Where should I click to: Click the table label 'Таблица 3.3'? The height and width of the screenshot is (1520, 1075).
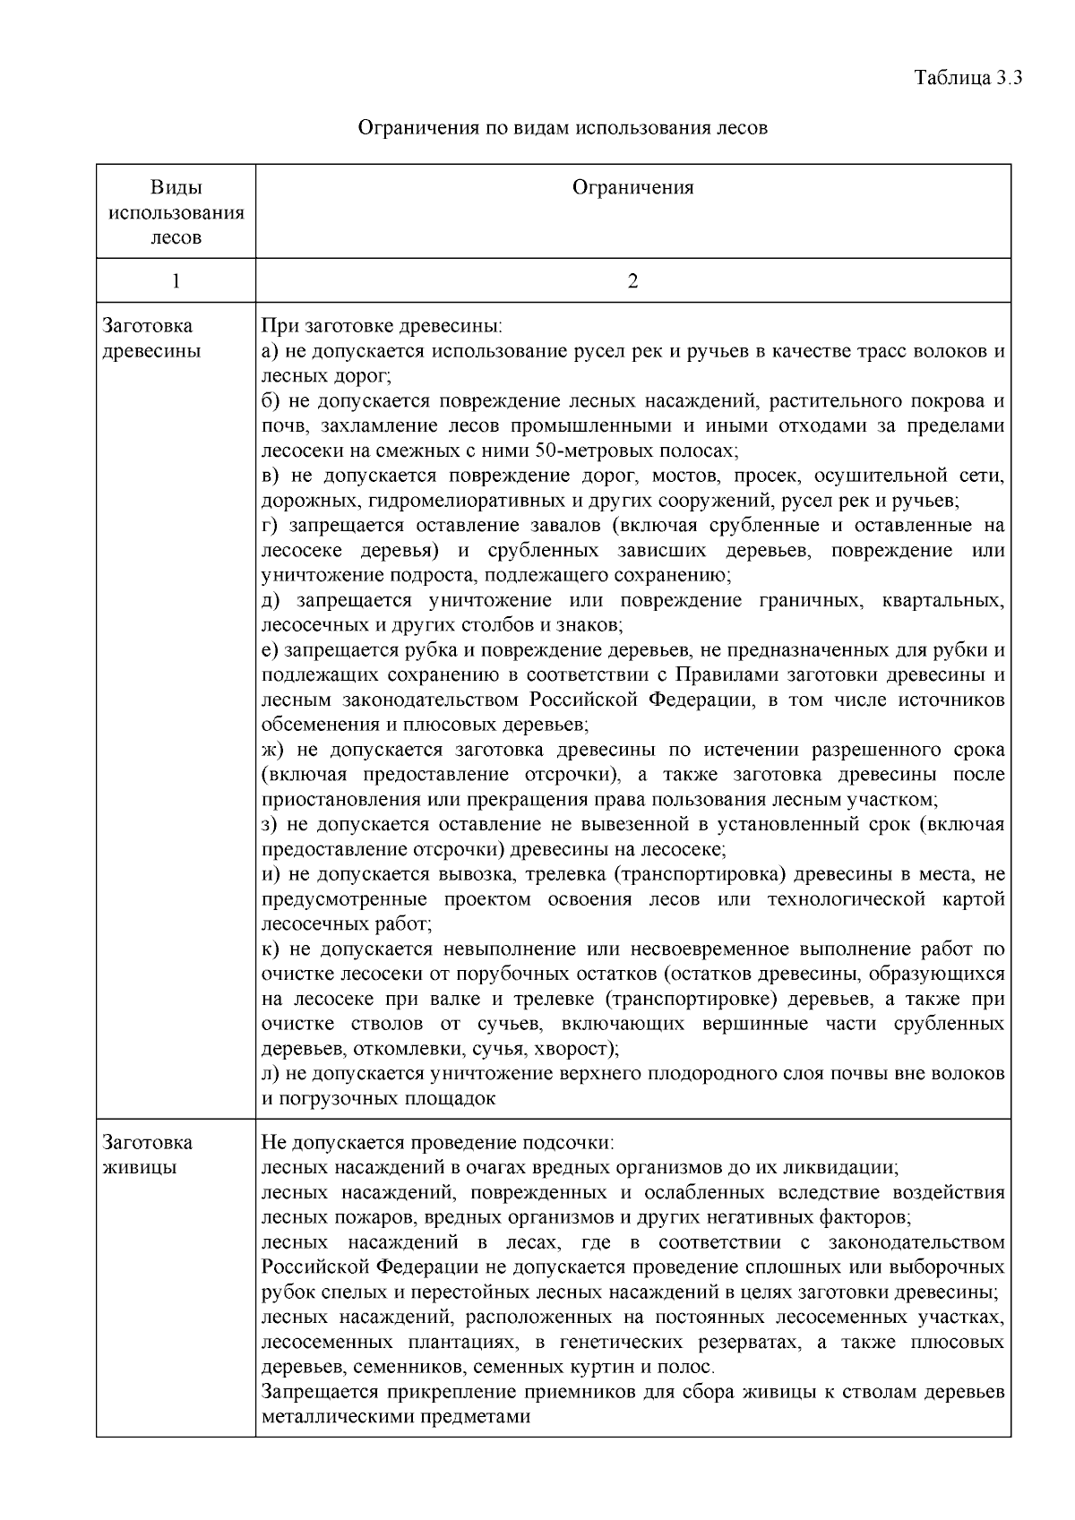coord(967,77)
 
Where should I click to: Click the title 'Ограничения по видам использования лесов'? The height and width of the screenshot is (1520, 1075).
coord(563,127)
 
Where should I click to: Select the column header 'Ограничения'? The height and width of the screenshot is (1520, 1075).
coord(632,187)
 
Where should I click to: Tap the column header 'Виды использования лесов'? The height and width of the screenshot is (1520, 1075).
coord(176,212)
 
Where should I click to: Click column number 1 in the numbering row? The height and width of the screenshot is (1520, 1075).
coord(176,281)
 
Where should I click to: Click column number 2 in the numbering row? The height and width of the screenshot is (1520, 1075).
coord(632,281)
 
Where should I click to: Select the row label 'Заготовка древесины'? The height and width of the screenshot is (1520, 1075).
coord(150,339)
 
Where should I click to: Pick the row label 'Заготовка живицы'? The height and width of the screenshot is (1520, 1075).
coord(147,1155)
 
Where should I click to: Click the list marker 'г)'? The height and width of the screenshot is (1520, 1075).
coord(270,526)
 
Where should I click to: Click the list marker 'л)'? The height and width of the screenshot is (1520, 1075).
coord(271,1073)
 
